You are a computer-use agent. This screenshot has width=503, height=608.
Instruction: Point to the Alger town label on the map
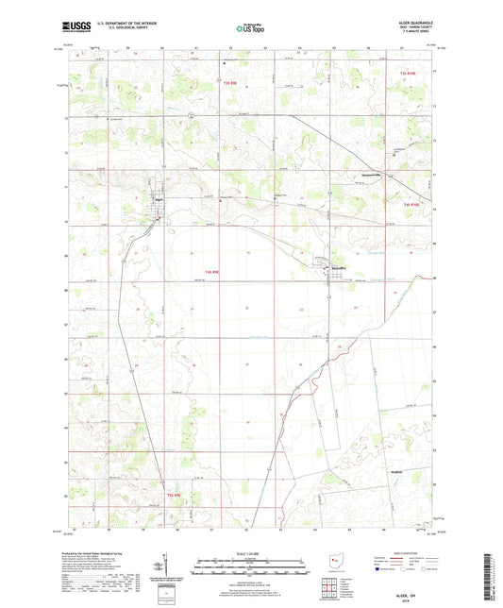tap(159, 199)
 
